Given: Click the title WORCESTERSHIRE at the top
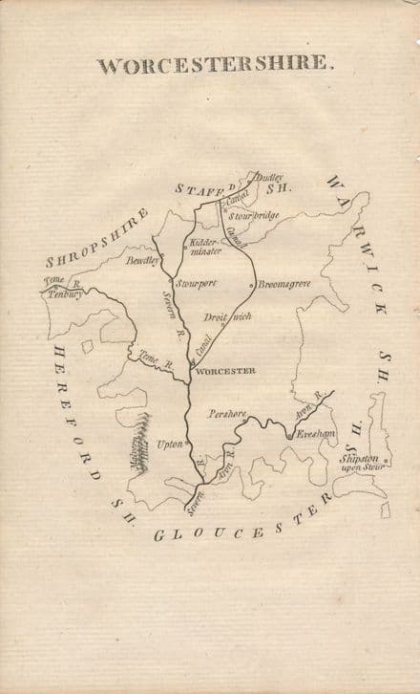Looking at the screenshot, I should (x=216, y=66).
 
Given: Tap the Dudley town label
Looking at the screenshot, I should (x=269, y=178).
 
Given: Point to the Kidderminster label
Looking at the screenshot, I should (x=205, y=247).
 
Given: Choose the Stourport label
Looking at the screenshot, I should (x=197, y=283).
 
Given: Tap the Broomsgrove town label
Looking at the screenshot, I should (x=285, y=283).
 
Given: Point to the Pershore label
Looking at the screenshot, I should (x=227, y=415).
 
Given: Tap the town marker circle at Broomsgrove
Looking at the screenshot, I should (x=251, y=284).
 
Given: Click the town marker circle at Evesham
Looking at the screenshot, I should (x=289, y=437).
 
